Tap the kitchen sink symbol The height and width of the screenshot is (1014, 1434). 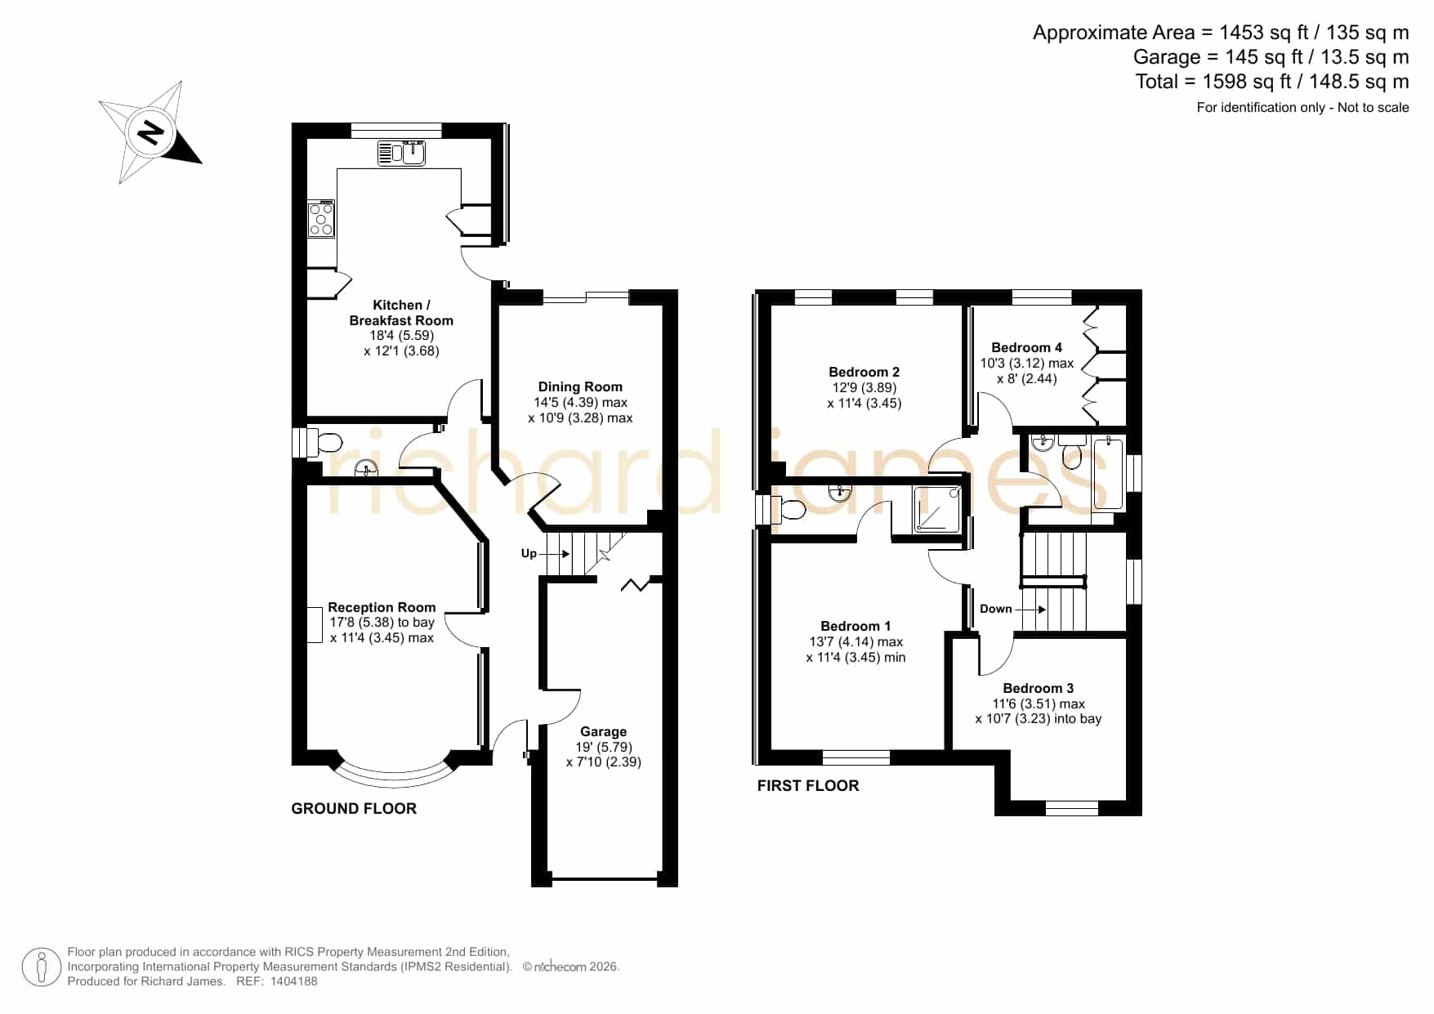[401, 153]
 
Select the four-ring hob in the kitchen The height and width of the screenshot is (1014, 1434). [321, 219]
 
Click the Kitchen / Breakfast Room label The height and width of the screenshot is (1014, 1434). [401, 313]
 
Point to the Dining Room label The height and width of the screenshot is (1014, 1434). [580, 386]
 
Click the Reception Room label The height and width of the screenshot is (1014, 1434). [382, 607]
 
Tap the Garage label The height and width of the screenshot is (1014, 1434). [604, 731]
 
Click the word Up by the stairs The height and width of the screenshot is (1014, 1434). [529, 554]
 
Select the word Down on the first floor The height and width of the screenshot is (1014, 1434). [995, 609]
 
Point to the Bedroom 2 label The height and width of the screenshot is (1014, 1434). [864, 372]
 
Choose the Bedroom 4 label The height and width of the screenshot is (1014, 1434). [1027, 347]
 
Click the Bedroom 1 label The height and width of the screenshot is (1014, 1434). [856, 626]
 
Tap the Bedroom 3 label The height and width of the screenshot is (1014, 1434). [1039, 688]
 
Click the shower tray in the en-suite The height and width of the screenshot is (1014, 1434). [936, 510]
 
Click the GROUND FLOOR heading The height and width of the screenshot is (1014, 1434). [354, 808]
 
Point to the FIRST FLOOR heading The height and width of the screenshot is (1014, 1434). [808, 786]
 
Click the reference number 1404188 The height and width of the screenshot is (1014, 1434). [293, 981]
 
